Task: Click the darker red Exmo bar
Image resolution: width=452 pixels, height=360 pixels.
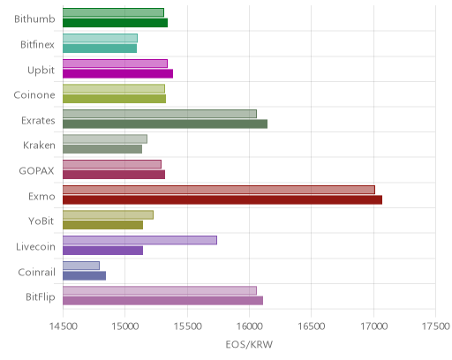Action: pyautogui.click(x=222, y=200)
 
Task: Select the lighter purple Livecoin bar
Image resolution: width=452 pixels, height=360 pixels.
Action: pyautogui.click(x=139, y=240)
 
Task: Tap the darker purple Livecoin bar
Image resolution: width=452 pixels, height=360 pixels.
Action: pyautogui.click(x=102, y=251)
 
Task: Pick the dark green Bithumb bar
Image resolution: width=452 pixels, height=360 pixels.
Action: pyautogui.click(x=115, y=23)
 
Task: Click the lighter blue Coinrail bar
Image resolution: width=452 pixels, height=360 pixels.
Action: pyautogui.click(x=81, y=266)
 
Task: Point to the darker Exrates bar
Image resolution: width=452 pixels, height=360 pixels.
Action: pyautogui.click(x=165, y=124)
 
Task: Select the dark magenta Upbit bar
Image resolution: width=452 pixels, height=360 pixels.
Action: pyautogui.click(x=117, y=73)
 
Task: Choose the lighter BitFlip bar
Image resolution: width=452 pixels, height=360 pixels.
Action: pyautogui.click(x=160, y=291)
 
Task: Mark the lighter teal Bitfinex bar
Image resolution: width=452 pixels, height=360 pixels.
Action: pyautogui.click(x=100, y=38)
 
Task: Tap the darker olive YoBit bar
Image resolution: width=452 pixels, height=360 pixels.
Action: pyautogui.click(x=102, y=225)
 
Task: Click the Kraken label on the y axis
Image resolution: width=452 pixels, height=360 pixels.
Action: pyautogui.click(x=39, y=146)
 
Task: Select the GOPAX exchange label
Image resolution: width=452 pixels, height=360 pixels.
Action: pyautogui.click(x=36, y=171)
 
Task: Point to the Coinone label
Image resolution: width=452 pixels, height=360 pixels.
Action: pyautogui.click(x=34, y=95)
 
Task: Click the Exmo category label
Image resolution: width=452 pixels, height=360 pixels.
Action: pyautogui.click(x=41, y=196)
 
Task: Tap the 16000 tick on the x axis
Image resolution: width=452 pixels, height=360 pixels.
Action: pyautogui.click(x=249, y=326)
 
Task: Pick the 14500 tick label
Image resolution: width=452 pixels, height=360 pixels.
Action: pyautogui.click(x=63, y=326)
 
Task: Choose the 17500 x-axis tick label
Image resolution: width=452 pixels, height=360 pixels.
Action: pyautogui.click(x=436, y=326)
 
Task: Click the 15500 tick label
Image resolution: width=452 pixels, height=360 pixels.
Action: pyautogui.click(x=187, y=326)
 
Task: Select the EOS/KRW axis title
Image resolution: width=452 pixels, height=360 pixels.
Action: pyautogui.click(x=249, y=344)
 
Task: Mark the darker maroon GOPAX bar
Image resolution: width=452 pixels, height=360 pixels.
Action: pyautogui.click(x=114, y=175)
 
